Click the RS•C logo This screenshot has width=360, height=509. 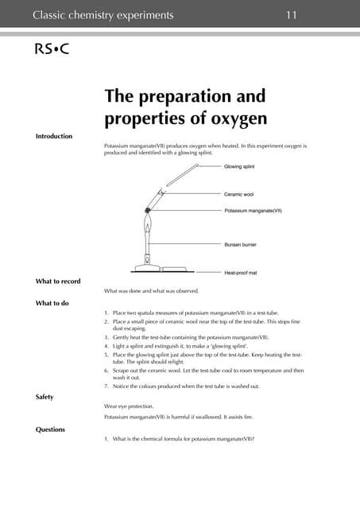pyautogui.click(x=52, y=49)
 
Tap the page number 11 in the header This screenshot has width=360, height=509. pyautogui.click(x=292, y=15)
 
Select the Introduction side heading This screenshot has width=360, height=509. pyautogui.click(x=54, y=136)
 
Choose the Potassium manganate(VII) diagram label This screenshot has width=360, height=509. pyautogui.click(x=254, y=211)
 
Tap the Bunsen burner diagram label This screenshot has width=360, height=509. pyautogui.click(x=243, y=245)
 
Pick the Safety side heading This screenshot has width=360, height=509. pyautogui.click(x=47, y=396)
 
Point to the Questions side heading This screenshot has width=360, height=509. pyautogui.click(x=51, y=429)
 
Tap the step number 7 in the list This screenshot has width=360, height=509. pyautogui.click(x=106, y=387)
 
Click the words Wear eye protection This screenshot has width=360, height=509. pyautogui.click(x=133, y=406)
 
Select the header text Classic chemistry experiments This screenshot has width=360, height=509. pyautogui.click(x=103, y=15)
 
